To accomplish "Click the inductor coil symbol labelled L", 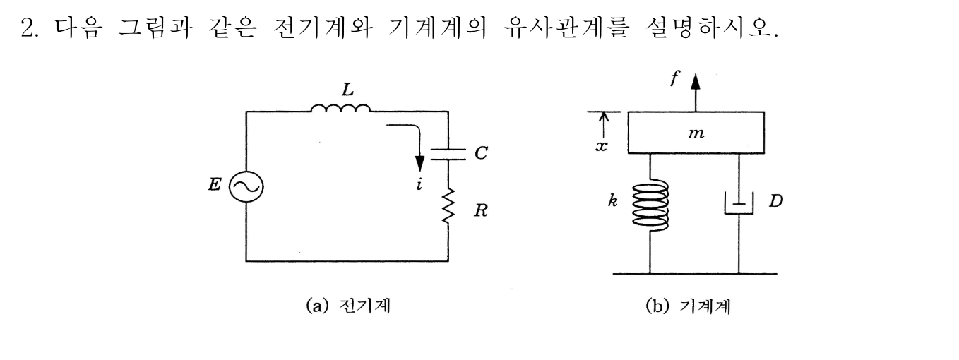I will click(341, 109).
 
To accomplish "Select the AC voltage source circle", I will click(246, 187).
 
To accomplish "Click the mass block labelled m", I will click(696, 133).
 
